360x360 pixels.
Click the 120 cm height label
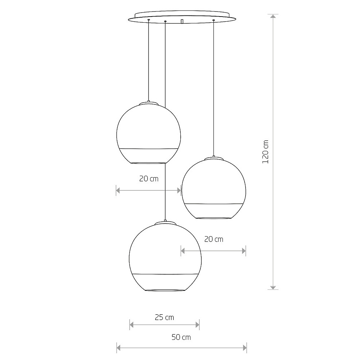click(x=266, y=152)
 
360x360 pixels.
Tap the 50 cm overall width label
click(x=181, y=337)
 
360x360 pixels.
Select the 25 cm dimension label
click(x=164, y=317)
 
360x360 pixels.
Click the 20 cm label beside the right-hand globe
click(x=213, y=239)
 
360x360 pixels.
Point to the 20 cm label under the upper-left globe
click(x=149, y=179)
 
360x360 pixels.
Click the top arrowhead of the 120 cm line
click(x=274, y=17)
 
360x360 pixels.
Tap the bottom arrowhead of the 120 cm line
click(x=274, y=287)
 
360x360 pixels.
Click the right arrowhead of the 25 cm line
click(x=197, y=325)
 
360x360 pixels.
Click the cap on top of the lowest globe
click(x=165, y=223)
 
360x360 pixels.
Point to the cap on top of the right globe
click(x=214, y=158)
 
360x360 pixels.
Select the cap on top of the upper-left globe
click(x=149, y=103)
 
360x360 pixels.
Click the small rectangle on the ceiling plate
click(x=182, y=22)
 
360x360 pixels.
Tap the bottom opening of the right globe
click(x=213, y=218)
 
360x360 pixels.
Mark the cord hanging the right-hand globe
click(x=214, y=90)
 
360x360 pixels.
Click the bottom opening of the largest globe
click(x=165, y=290)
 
